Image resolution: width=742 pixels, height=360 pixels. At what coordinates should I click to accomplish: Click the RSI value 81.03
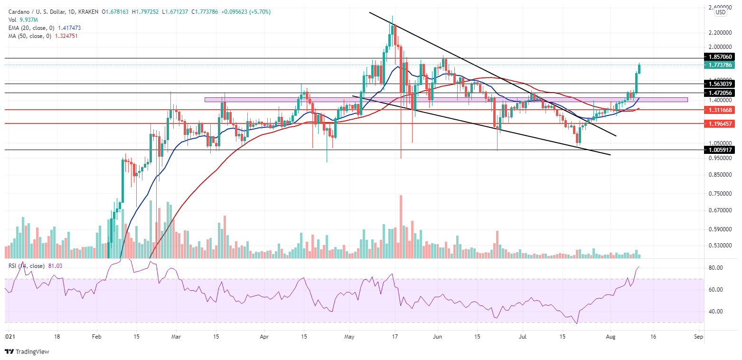click(x=56, y=266)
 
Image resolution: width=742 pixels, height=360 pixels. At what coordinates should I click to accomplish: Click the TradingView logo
click(x=27, y=352)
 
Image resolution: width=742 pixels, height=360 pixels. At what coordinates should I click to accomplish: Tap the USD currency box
click(x=720, y=12)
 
